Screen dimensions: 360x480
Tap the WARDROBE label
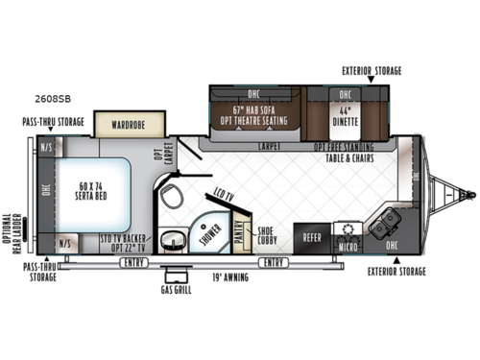pos(128,124)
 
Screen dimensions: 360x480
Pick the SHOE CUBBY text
pos(269,234)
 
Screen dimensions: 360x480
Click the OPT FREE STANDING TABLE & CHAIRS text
pos(353,154)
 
